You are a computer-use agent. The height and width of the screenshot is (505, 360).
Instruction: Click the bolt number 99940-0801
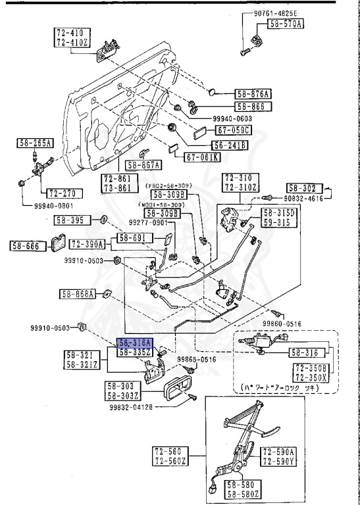(41, 205)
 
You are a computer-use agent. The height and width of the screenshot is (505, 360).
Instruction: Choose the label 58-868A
(79, 293)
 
